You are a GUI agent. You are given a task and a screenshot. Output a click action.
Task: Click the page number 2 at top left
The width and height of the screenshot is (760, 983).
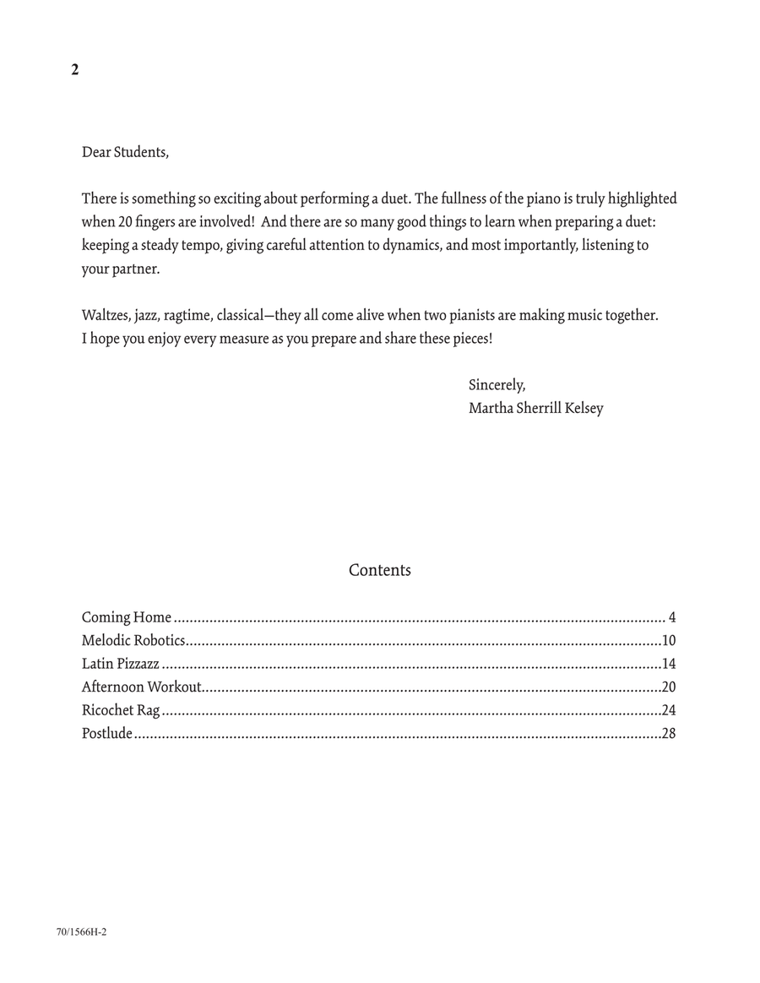(x=75, y=70)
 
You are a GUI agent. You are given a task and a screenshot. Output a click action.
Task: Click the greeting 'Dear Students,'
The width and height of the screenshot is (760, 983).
(x=125, y=152)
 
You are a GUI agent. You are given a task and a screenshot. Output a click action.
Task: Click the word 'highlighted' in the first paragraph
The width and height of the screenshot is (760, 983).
(x=642, y=198)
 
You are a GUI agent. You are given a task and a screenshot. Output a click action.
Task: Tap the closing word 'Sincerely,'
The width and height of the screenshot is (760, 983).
(x=497, y=385)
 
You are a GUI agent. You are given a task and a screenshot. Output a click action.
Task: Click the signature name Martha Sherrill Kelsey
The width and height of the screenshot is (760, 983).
(x=535, y=409)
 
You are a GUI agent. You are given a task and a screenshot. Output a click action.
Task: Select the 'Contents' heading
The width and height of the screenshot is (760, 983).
(x=380, y=570)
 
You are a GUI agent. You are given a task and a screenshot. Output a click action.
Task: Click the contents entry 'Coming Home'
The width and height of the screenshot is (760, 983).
(x=127, y=617)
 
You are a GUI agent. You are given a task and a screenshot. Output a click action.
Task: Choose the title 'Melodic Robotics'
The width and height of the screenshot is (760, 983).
(x=133, y=640)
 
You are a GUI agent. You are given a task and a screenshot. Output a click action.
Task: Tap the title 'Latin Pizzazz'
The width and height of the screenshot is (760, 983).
(x=121, y=664)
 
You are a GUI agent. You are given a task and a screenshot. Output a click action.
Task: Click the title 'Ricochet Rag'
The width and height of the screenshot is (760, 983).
(x=121, y=710)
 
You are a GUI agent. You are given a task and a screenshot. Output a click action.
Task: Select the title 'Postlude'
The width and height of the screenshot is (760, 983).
(x=107, y=733)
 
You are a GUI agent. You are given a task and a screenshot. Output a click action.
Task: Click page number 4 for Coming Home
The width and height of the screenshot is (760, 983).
(x=671, y=617)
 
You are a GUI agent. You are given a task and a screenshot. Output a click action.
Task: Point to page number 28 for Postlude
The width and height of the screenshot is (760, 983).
(x=668, y=733)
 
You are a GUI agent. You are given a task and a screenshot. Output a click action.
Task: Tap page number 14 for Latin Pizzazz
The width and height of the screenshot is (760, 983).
(x=668, y=664)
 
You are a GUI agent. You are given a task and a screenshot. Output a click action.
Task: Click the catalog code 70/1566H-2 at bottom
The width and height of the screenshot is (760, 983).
(x=82, y=932)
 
